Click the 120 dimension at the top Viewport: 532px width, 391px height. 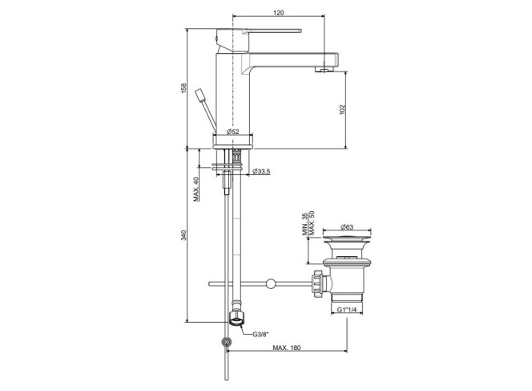coord(278,13)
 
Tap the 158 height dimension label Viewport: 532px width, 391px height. coord(183,88)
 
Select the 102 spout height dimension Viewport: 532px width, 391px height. coord(342,109)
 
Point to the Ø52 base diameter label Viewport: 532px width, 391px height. coord(232,132)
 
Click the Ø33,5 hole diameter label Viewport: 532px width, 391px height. coord(261,172)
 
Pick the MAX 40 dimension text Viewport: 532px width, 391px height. coord(196,189)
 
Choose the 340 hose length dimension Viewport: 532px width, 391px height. coord(183,235)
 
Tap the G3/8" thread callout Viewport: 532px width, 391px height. coord(260,334)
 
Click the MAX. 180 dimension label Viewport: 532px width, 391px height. coord(286,348)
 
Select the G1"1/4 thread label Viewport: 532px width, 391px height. coord(347,309)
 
